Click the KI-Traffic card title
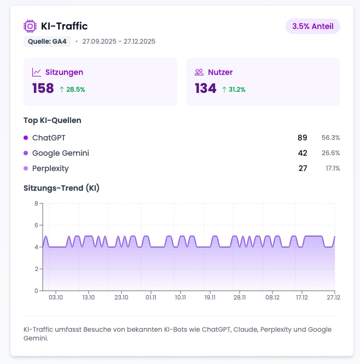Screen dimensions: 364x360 [x=64, y=26]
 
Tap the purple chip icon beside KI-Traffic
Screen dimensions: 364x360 [x=30, y=26]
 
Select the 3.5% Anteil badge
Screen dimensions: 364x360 [x=312, y=26]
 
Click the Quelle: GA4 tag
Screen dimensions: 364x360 [x=47, y=42]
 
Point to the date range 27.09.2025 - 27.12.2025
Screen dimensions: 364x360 [x=119, y=42]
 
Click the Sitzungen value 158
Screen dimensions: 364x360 [x=43, y=89]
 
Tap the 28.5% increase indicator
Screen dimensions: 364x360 [x=72, y=89]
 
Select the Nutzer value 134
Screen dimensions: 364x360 [x=206, y=89]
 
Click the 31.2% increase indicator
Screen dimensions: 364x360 [x=234, y=89]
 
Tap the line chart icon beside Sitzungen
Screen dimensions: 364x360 [x=37, y=72]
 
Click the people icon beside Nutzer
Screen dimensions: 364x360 [x=199, y=72]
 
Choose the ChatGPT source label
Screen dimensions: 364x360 [x=49, y=138]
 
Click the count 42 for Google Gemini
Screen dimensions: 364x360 [x=302, y=153]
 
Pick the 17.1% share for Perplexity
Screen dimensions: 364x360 [x=333, y=168]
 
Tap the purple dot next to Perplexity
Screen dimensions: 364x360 [x=26, y=168]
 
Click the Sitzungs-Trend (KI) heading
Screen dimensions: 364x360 [x=61, y=188]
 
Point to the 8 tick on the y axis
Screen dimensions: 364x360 [x=36, y=203]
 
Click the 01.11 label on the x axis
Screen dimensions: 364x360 [x=151, y=297]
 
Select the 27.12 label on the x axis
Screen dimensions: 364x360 [x=333, y=297]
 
